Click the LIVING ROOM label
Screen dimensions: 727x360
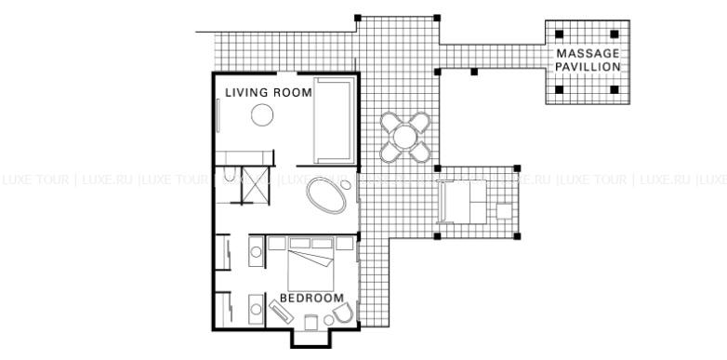click(x=269, y=92)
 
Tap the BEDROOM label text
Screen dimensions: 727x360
click(x=311, y=298)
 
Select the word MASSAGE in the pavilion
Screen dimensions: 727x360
click(x=588, y=53)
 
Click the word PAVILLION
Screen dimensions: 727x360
click(x=588, y=67)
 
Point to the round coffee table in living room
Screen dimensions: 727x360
click(x=262, y=115)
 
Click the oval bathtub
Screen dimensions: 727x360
click(x=326, y=194)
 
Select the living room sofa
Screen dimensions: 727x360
click(x=335, y=120)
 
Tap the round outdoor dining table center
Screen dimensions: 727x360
click(x=405, y=138)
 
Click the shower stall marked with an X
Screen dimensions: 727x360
click(x=255, y=185)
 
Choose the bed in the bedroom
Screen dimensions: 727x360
click(x=311, y=264)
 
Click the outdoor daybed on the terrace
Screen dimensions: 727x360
click(x=462, y=202)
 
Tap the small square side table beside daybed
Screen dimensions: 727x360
click(x=504, y=211)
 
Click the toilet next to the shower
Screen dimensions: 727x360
click(x=230, y=174)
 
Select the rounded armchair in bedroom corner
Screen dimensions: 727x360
click(x=343, y=313)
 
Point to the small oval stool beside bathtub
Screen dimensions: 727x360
click(x=346, y=184)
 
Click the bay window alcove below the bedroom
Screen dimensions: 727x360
click(x=311, y=339)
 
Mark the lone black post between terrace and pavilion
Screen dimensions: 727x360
click(x=474, y=72)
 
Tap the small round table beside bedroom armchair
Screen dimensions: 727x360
click(x=328, y=320)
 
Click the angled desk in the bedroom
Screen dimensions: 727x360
click(x=281, y=312)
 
